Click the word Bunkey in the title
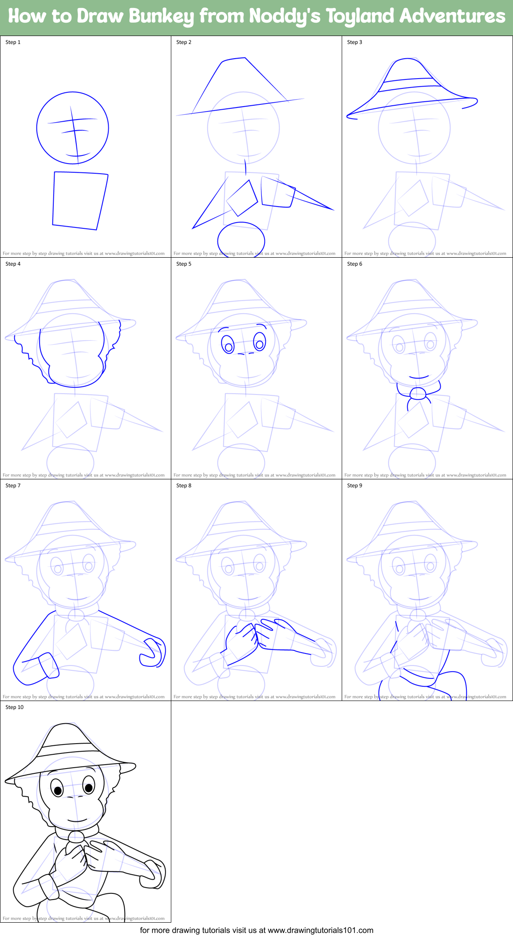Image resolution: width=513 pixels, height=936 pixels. (162, 17)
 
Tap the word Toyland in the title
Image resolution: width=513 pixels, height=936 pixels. (359, 17)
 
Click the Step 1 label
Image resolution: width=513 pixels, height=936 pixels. (13, 42)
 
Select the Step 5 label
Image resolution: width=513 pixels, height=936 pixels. (184, 264)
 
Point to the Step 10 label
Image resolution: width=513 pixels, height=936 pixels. (15, 707)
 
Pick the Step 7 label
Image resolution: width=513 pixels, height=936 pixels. (13, 486)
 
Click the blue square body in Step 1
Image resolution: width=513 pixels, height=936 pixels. (80, 200)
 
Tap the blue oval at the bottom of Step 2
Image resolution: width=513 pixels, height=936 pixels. (241, 240)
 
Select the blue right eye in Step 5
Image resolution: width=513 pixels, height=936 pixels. (260, 342)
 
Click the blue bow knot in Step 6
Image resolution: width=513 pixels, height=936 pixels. (418, 393)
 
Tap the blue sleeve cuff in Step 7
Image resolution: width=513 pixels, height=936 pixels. (48, 665)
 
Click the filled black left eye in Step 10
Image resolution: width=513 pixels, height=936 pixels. (57, 790)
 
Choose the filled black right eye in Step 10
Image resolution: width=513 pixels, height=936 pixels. (89, 788)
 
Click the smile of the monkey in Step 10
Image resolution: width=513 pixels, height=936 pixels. (77, 820)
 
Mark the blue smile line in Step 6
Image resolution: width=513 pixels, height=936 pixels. (418, 378)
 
